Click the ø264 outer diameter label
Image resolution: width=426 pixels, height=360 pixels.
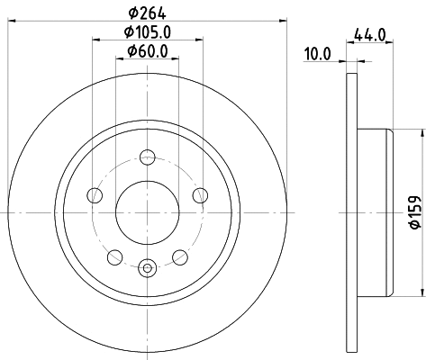tap(149, 13)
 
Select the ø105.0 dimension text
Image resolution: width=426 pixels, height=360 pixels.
tap(149, 33)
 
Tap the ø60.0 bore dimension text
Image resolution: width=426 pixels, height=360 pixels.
tap(149, 52)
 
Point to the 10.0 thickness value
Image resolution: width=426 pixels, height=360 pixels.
tap(317, 54)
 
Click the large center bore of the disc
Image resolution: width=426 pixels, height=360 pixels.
tap(148, 211)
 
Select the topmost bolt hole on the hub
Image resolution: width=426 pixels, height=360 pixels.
tap(148, 157)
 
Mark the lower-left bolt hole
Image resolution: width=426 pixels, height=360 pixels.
tap(114, 257)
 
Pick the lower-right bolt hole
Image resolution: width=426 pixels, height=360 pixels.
tap(181, 257)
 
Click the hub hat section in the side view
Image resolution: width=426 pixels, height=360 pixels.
tap(374, 213)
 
